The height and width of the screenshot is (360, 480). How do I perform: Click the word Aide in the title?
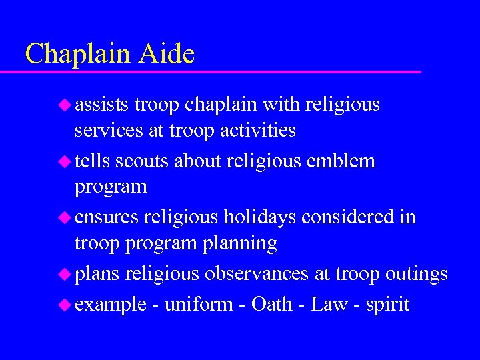coord(166,54)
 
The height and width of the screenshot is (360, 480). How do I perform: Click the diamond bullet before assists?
coord(65,105)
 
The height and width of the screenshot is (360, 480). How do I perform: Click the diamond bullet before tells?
coord(65,161)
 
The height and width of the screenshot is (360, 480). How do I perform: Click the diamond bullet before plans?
coord(65,274)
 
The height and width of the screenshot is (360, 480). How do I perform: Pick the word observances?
coord(256,274)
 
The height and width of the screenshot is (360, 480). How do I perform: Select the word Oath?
coord(272,305)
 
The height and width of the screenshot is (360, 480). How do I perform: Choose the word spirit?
coord(387,305)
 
